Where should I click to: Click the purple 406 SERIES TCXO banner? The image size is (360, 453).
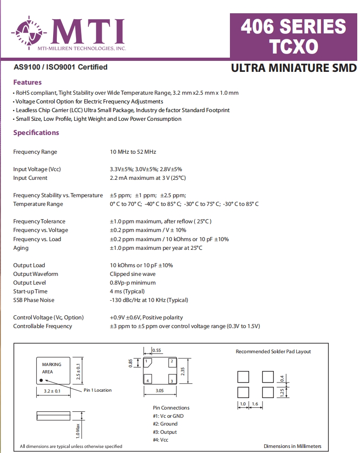pyautogui.click(x=293, y=36)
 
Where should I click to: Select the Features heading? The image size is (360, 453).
pyautogui.click(x=27, y=82)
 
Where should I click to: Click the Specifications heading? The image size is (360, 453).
pyautogui.click(x=36, y=133)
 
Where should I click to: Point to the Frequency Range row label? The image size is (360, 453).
pyautogui.click(x=35, y=152)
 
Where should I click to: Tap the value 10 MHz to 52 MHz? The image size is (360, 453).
pyautogui.click(x=133, y=152)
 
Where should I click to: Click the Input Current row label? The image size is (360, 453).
pyautogui.click(x=30, y=178)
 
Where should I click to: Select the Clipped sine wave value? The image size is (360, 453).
pyautogui.click(x=133, y=274)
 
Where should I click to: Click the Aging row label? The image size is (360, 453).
pyautogui.click(x=21, y=248)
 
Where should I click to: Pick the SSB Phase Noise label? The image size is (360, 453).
pyautogui.click(x=33, y=300)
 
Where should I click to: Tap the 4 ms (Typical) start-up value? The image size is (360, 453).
pyautogui.click(x=127, y=291)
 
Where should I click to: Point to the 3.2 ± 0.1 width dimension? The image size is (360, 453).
pyautogui.click(x=52, y=391)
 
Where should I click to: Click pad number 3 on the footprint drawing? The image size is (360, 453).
pyautogui.click(x=171, y=381)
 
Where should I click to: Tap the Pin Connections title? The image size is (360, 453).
pyautogui.click(x=171, y=408)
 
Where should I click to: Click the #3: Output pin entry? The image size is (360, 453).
pyautogui.click(x=165, y=432)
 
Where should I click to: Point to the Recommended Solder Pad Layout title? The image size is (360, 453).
pyautogui.click(x=273, y=351)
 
